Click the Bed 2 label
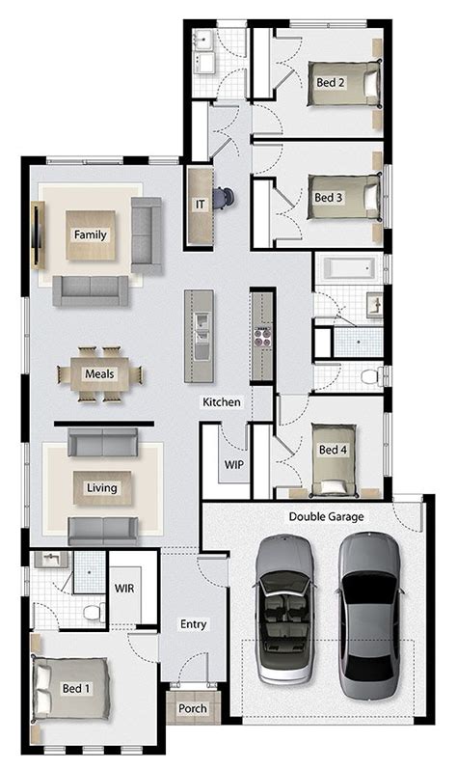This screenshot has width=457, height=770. click(x=330, y=83)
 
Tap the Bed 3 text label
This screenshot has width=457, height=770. click(x=329, y=197)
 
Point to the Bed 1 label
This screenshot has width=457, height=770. click(x=76, y=688)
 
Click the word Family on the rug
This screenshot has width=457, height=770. click(x=91, y=234)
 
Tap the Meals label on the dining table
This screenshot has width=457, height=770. click(x=99, y=373)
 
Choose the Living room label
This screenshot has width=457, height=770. click(x=101, y=488)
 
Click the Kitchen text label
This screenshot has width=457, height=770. click(x=222, y=401)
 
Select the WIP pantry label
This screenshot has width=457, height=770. click(x=234, y=464)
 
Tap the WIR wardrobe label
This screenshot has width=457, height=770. click(x=123, y=588)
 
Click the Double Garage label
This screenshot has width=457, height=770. click(x=327, y=517)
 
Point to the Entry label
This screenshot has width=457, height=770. click(x=194, y=624)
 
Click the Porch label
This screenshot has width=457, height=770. click(x=193, y=709)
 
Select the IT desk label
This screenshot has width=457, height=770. click(x=201, y=205)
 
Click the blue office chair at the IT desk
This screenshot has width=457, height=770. click(x=225, y=198)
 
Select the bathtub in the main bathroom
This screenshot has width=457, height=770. click(x=347, y=267)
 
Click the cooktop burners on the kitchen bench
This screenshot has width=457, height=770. click(x=262, y=338)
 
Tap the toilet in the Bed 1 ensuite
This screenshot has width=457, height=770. click(x=93, y=612)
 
